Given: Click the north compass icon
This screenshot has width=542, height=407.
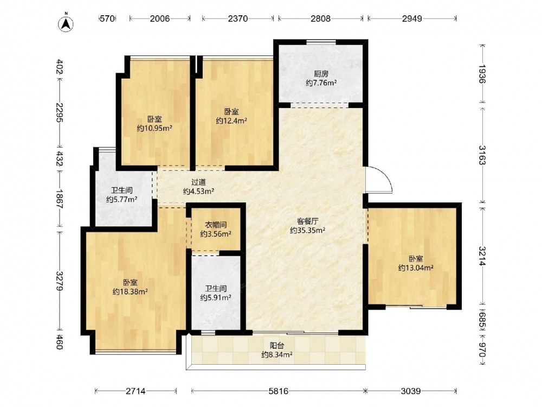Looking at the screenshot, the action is pos(66,22).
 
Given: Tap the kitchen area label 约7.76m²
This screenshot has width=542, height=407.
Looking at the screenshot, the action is pos(321,83).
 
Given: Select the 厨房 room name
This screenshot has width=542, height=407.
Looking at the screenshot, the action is pos(321,74).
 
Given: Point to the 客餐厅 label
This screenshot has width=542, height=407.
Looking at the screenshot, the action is pos(307,221).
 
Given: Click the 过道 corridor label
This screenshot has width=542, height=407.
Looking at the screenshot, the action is pos(198,182).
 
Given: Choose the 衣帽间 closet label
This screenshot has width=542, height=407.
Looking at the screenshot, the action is pos(216,225).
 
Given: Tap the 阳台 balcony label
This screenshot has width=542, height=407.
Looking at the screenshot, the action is pos(277,345).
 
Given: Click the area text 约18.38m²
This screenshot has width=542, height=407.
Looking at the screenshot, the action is pos(130,292).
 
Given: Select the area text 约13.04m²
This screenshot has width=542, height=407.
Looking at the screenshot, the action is pos(416,268).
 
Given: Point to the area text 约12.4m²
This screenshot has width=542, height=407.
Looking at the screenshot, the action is pos(231,121).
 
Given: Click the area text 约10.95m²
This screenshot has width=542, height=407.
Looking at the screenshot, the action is pos(154,129).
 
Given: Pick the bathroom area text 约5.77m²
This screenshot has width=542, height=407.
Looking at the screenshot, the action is pos(121,200).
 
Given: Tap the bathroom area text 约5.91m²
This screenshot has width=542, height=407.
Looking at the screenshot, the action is pos(216,297).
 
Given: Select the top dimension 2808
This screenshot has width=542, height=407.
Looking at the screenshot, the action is pos(320,18).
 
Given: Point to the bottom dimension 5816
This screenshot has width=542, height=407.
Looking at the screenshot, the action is pos(278,391).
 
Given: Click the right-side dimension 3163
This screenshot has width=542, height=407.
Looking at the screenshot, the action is pos(482,155).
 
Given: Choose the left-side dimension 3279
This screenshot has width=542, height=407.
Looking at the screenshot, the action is pos(60,281).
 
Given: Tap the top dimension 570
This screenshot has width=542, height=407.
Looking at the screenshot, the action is pos(107,18).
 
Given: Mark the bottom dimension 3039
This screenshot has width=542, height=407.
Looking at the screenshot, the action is pos(411,391).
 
